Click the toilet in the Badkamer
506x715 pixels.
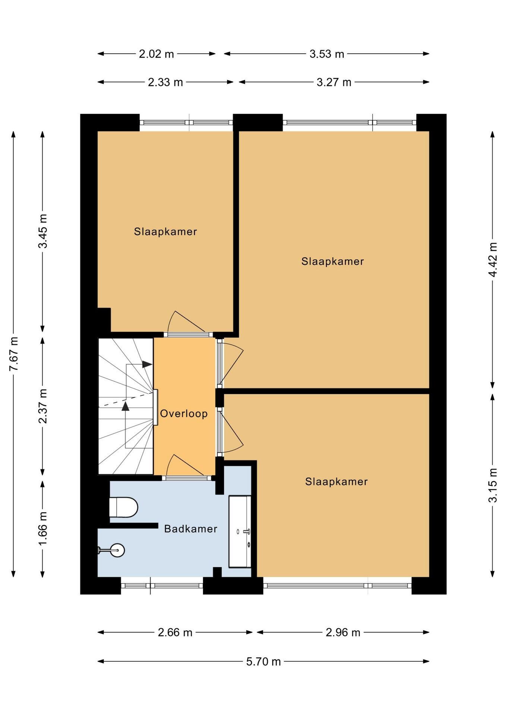point(124,507)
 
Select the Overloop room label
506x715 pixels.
point(184,413)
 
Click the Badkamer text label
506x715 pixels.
point(191,529)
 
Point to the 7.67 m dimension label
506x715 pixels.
point(14,354)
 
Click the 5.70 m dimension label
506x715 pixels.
point(263,661)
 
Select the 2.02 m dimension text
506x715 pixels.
point(156,54)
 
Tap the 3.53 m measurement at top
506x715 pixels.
point(327,54)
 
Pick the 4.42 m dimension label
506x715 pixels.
point(493,260)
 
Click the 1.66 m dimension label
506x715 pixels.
point(43,528)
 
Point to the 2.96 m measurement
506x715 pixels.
point(343,632)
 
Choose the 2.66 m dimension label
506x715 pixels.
point(175,632)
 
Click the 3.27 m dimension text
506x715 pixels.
point(334,82)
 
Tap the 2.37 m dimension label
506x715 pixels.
point(43,406)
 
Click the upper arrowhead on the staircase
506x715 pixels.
point(147,364)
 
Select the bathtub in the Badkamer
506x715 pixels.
point(240,531)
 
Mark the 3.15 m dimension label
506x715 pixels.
point(493,485)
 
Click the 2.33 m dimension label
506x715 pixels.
point(165,82)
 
